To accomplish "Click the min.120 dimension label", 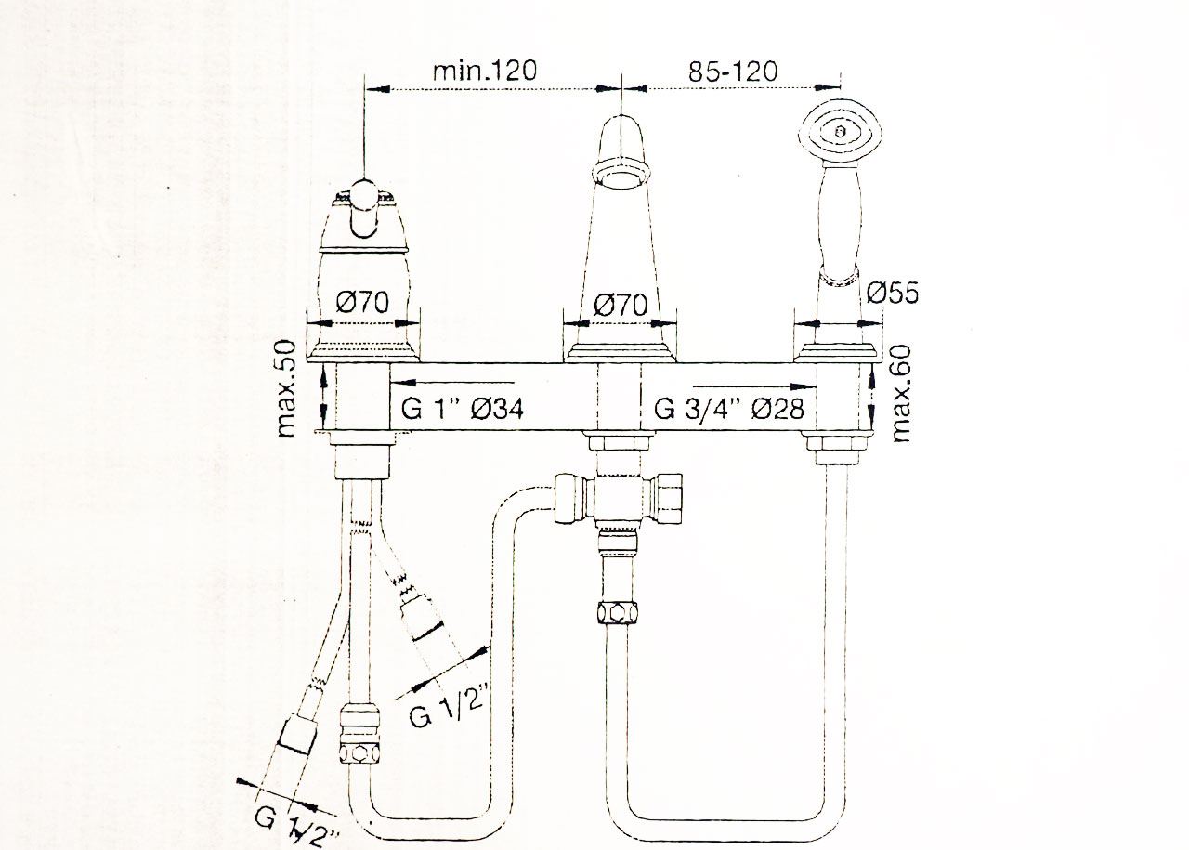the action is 485,71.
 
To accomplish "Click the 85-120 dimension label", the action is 733,72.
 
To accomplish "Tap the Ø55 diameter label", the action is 893,293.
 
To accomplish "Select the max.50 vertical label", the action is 286,388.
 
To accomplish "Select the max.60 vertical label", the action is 901,393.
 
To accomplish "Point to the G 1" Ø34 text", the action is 462,408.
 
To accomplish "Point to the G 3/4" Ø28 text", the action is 729,408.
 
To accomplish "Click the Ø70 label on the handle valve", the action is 362,302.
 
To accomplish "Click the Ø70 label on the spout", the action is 621,305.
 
